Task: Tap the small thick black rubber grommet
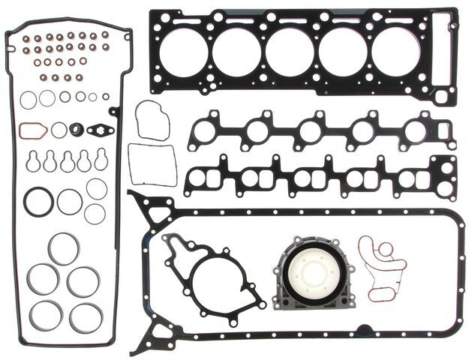(x=76, y=130)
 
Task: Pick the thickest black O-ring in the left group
(x=37, y=202)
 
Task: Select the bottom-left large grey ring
(x=48, y=313)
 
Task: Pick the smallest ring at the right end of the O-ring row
(x=106, y=97)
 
